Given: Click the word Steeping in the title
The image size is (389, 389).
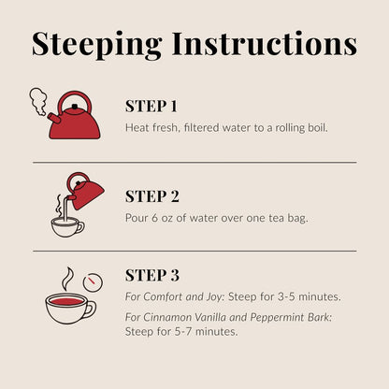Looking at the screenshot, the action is (x=96, y=45).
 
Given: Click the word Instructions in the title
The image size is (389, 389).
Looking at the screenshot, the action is (x=265, y=44).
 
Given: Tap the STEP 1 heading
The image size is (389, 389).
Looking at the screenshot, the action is (x=151, y=107).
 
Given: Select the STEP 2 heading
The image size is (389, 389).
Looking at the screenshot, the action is (x=152, y=196).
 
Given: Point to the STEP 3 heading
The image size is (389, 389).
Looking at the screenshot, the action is (x=152, y=275).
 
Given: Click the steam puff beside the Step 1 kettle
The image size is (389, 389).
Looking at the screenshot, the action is (x=38, y=101).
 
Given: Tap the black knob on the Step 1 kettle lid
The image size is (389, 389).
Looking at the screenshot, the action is (x=75, y=107).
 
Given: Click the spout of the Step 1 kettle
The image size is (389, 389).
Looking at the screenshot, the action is (x=53, y=119).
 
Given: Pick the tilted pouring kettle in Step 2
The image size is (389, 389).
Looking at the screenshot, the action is (x=85, y=191).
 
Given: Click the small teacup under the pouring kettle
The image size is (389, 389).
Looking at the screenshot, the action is (x=67, y=227).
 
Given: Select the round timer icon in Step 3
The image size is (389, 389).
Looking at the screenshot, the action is (x=93, y=282).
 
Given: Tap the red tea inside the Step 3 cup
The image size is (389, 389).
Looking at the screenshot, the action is (x=66, y=301).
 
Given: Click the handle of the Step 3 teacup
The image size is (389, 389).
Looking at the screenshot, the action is (x=92, y=310).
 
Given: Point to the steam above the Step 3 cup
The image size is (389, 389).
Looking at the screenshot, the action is (x=68, y=278).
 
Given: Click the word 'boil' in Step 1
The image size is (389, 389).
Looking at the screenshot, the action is (x=317, y=127).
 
